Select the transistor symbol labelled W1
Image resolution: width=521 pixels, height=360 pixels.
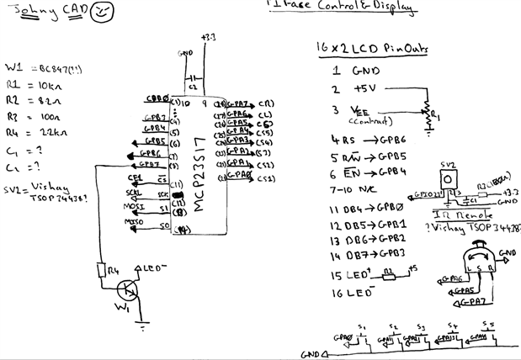pos(127,292)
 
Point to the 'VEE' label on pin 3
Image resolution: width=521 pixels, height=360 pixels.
pos(362,111)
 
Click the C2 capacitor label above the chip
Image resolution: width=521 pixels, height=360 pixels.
pos(193,86)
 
